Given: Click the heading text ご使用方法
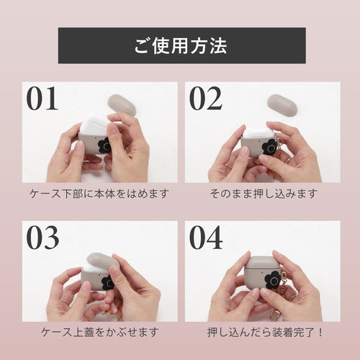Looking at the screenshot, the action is tap(181, 45).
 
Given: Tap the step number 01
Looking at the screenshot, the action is tap(42, 98).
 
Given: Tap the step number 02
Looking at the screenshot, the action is tap(206, 98).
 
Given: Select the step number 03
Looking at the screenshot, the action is tap(42, 238).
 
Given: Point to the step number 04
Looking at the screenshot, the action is tap(206, 238).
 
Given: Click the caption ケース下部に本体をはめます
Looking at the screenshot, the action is tap(99, 194).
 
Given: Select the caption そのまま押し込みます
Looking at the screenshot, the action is tap(264, 194).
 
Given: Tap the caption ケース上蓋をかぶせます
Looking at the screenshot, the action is tap(100, 333).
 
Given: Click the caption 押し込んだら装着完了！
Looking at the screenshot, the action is tap(265, 333).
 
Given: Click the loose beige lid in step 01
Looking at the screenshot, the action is tap(122, 106).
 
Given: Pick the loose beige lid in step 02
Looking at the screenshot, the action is tap(282, 104).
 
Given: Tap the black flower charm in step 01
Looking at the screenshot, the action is tap(104, 145).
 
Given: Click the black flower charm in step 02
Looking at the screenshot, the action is tap(269, 147).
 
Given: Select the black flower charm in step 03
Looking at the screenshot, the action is tap(108, 282).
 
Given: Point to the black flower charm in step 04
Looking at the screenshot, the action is tap(273, 280).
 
